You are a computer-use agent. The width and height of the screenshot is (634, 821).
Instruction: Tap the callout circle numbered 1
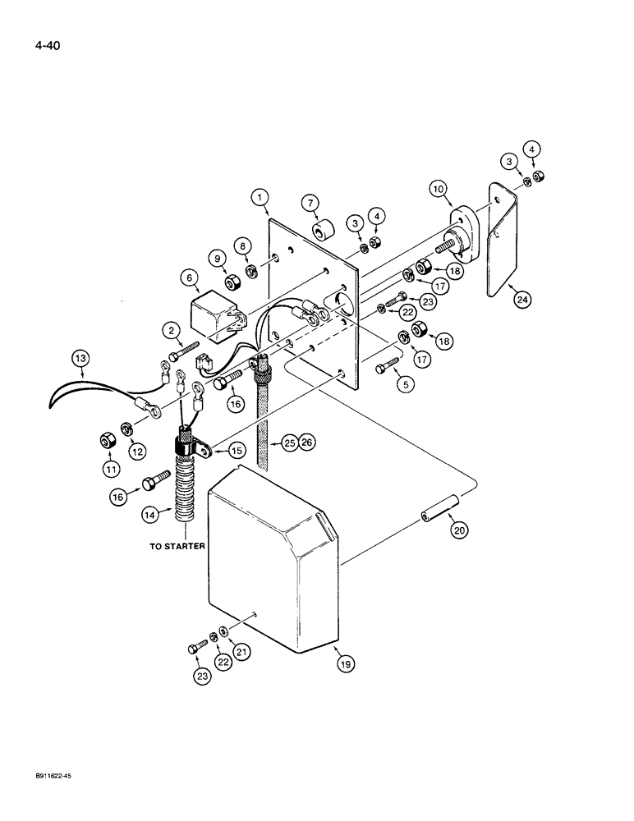pos(260,197)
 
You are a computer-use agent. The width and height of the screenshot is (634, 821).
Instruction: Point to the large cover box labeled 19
pos(271,558)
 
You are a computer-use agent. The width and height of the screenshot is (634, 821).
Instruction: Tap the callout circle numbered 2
pos(173,331)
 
